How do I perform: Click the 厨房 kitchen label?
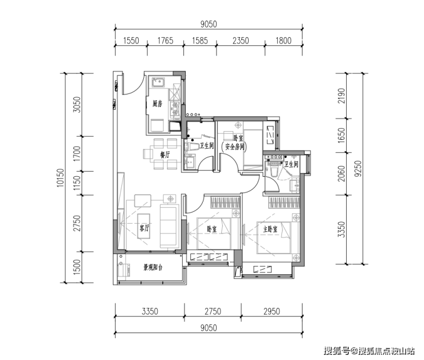click(158, 104)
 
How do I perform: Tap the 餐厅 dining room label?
click(165, 155)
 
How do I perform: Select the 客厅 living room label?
click(144, 228)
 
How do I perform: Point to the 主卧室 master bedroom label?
click(270, 230)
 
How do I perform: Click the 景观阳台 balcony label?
click(153, 267)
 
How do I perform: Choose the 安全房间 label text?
click(235, 147)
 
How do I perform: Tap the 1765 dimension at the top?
click(165, 41)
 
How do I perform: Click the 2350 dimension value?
click(241, 41)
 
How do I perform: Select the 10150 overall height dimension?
click(60, 177)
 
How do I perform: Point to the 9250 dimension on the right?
click(358, 168)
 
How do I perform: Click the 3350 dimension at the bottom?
click(150, 311)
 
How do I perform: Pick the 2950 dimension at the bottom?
click(272, 311)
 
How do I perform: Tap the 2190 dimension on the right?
click(342, 96)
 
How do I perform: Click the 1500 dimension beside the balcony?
click(77, 267)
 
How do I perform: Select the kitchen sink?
click(158, 82)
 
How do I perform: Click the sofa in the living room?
click(170, 226)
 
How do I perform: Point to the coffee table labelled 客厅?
click(144, 226)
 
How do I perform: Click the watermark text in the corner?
click(370, 350)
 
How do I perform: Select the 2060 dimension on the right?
click(342, 173)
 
